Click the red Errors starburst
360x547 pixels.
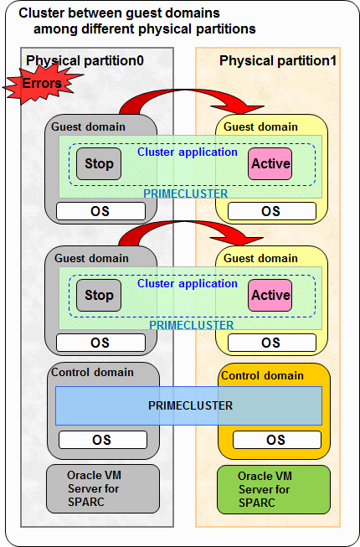click(41, 84)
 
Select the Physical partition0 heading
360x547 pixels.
click(85, 60)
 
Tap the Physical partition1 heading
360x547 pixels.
click(278, 60)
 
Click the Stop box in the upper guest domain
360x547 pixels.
click(99, 163)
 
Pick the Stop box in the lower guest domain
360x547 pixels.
click(99, 295)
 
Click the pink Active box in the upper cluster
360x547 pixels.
click(270, 163)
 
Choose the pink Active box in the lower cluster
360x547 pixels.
click(270, 295)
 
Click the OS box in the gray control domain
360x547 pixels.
click(102, 440)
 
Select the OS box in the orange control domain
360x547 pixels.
click(277, 440)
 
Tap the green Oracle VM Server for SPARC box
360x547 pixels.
click(274, 489)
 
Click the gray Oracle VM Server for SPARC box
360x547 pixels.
click(103, 488)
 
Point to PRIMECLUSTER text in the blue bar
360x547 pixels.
click(190, 405)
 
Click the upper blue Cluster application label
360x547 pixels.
click(188, 152)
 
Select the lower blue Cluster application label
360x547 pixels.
click(188, 284)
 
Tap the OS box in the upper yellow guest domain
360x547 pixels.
click(272, 211)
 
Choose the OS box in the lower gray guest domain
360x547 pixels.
click(100, 343)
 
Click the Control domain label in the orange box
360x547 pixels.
click(262, 376)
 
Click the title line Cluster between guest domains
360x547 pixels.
click(119, 13)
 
